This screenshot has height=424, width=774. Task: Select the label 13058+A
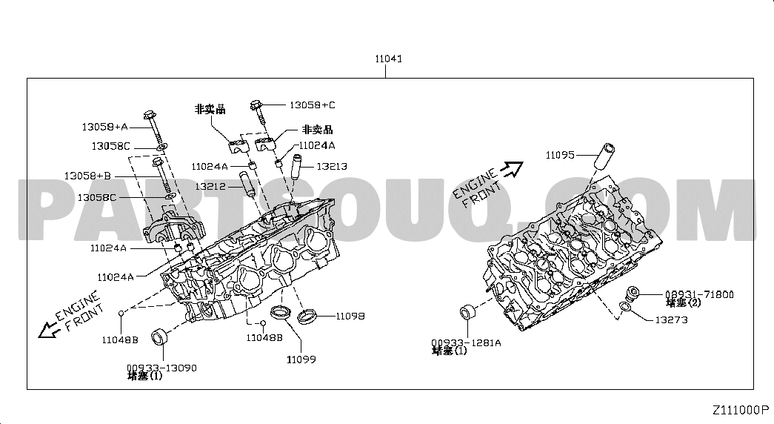pyautogui.click(x=104, y=127)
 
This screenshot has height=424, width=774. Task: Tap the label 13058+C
pyautogui.click(x=312, y=105)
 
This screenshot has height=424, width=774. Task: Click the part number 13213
pyautogui.click(x=332, y=167)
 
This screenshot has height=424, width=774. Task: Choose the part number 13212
pyautogui.click(x=210, y=187)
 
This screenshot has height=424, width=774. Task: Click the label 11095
pyautogui.click(x=560, y=155)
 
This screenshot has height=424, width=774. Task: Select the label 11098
pyautogui.click(x=350, y=316)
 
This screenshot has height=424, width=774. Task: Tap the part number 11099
pyautogui.click(x=301, y=360)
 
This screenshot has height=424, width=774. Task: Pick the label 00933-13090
pyautogui.click(x=161, y=367)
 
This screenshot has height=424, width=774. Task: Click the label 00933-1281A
pyautogui.click(x=466, y=342)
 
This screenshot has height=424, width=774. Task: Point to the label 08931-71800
pyautogui.click(x=698, y=294)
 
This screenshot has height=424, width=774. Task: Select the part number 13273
pyautogui.click(x=671, y=319)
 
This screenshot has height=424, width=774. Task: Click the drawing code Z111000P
pyautogui.click(x=741, y=410)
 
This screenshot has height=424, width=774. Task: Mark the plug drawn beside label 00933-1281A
pyautogui.click(x=467, y=312)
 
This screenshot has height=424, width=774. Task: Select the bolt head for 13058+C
pyautogui.click(x=257, y=104)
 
